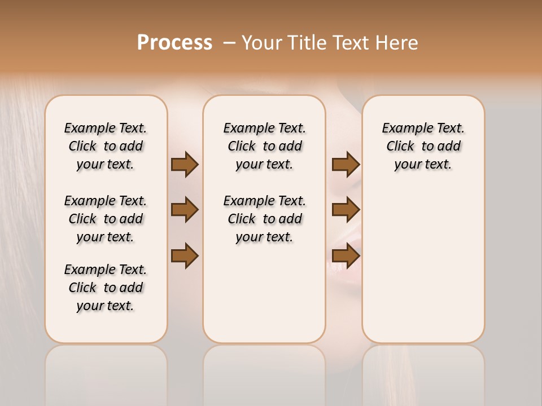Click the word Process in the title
pos(174,42)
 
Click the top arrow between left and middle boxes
pos(185,164)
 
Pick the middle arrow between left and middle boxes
pos(185,210)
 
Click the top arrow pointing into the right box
pos(346,164)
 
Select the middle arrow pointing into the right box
pos(346,210)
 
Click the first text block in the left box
pos(106,146)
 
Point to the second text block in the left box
pos(106,219)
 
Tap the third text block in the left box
pos(106,288)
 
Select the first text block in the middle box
pos(264,146)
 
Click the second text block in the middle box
pos(264,219)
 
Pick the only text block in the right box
pos(423,146)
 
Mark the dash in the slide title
pos(229,43)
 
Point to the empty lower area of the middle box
pos(264,293)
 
